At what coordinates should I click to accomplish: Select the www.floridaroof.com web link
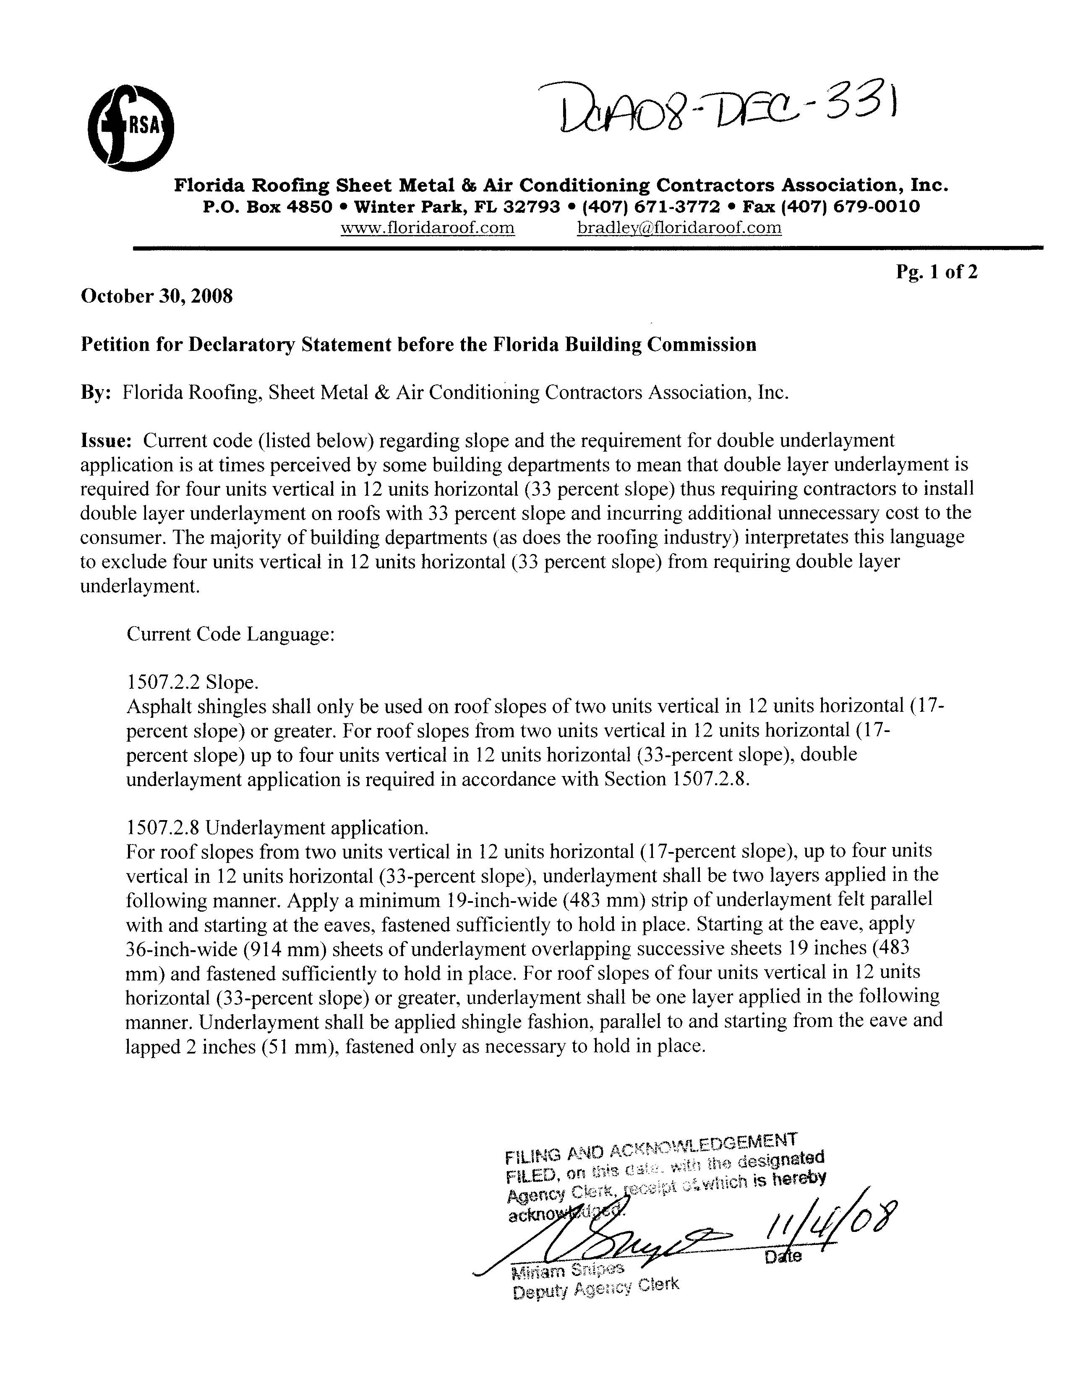click(427, 227)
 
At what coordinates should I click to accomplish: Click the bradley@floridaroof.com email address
click(679, 227)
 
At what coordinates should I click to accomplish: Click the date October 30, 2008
click(157, 296)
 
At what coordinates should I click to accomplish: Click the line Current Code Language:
click(230, 634)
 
